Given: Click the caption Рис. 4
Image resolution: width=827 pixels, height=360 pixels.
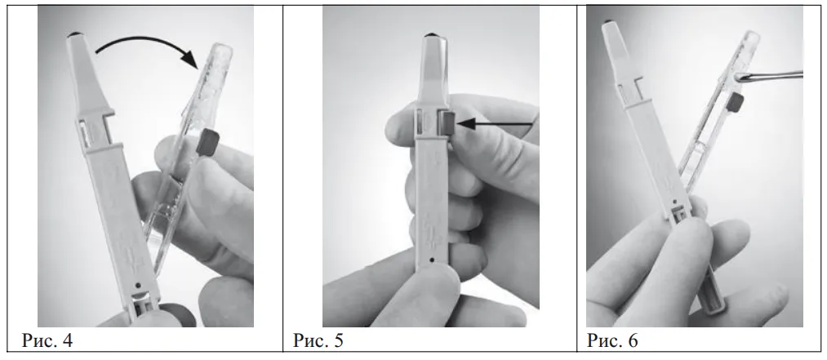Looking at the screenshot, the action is (47, 340).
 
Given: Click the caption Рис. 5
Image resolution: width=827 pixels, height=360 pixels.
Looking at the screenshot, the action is (318, 340).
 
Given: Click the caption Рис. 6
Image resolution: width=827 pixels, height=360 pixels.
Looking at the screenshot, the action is (612, 340).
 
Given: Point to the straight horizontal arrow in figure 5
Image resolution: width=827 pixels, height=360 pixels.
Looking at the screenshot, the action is (495, 124).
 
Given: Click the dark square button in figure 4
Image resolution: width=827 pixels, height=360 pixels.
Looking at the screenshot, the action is (208, 144).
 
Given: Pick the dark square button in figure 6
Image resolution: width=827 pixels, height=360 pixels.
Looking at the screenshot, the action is (735, 101).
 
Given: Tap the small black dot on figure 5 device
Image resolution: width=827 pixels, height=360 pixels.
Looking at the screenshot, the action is (432, 259).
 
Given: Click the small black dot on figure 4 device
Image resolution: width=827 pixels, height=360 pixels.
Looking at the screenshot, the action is (138, 285).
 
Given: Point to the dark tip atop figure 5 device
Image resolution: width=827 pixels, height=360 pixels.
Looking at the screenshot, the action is (432, 35).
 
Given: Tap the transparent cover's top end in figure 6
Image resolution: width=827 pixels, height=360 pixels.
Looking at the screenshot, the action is (752, 35).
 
